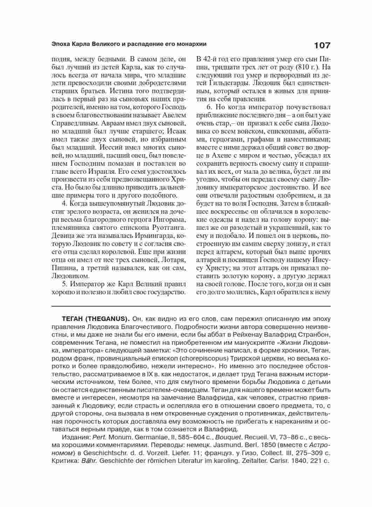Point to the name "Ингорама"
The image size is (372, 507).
(x=170, y=220)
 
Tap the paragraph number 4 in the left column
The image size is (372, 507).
(x=64, y=204)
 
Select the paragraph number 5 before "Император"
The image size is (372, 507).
(x=64, y=284)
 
